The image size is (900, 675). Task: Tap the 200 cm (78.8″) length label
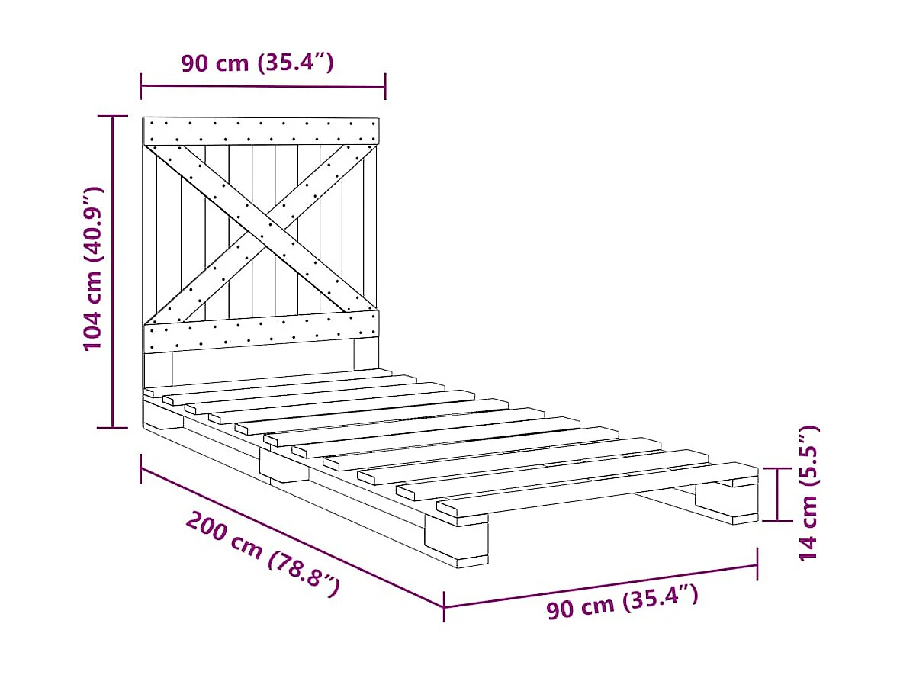click(262, 554)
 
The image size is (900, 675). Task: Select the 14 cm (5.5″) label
click(808, 494)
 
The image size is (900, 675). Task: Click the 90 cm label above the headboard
click(257, 63)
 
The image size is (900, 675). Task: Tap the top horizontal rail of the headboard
click(262, 130)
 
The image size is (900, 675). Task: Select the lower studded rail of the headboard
click(262, 330)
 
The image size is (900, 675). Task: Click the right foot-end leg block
click(726, 503)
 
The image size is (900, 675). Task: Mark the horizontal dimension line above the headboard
click(262, 86)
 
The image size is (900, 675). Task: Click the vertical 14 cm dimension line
click(778, 494)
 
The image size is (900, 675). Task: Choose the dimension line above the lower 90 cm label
click(600, 586)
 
